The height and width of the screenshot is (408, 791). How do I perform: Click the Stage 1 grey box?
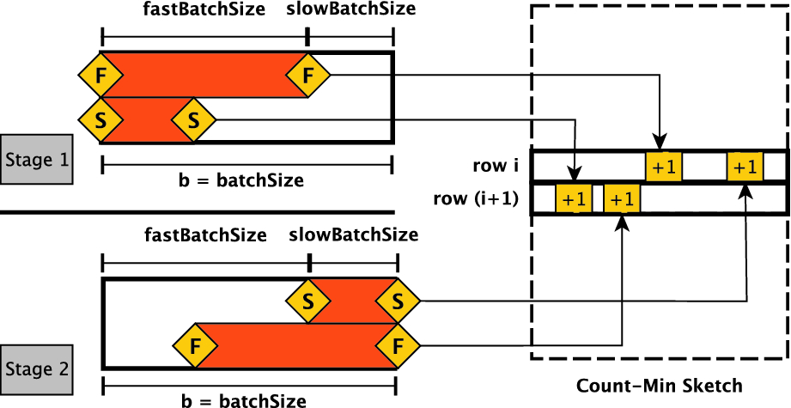[x=37, y=159]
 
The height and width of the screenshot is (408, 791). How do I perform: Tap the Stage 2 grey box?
[x=37, y=369]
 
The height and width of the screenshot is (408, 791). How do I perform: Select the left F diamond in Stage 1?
[x=101, y=75]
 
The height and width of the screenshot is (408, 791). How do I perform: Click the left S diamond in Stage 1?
[x=101, y=120]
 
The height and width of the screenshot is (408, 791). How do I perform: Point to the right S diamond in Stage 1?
[x=192, y=120]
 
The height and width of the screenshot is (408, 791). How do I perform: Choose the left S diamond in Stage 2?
[x=307, y=301]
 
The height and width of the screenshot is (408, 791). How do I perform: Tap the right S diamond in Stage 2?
[x=397, y=301]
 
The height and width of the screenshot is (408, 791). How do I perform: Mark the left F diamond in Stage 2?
[x=194, y=346]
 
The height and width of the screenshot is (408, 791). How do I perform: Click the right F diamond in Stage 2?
[x=397, y=346]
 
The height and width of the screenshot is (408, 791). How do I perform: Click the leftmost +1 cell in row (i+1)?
[x=573, y=199]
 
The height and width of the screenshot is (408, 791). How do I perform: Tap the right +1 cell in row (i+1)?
[x=622, y=199]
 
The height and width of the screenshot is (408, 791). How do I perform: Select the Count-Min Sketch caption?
[x=660, y=386]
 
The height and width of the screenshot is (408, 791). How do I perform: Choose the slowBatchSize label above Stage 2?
[x=354, y=234]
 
